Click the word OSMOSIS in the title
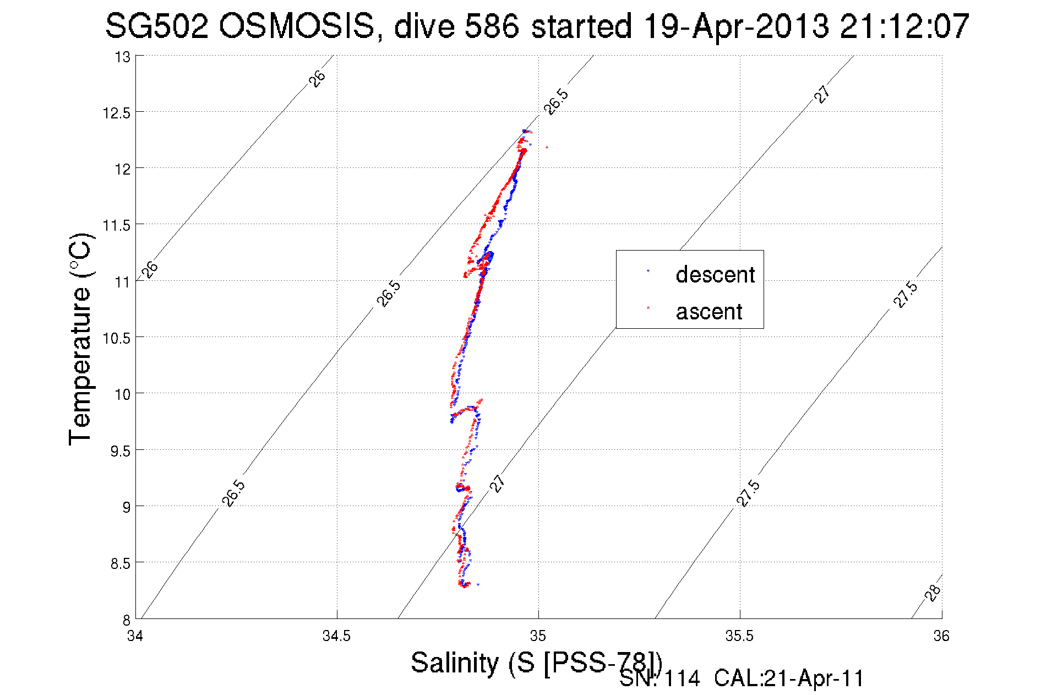pyautogui.click(x=297, y=26)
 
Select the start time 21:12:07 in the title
pyautogui.click(x=904, y=26)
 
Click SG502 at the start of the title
pyautogui.click(x=157, y=26)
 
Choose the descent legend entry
pyautogui.click(x=715, y=274)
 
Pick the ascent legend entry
pyautogui.click(x=709, y=312)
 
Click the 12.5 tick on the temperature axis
pyautogui.click(x=116, y=113)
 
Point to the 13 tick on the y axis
pyautogui.click(x=123, y=57)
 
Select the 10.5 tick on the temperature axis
pyautogui.click(x=116, y=338)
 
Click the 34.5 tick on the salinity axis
pyautogui.click(x=336, y=636)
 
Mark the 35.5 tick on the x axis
pyautogui.click(x=739, y=636)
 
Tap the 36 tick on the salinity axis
pyautogui.click(x=941, y=636)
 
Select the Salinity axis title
pyautogui.click(x=536, y=662)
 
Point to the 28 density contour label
pyautogui.click(x=932, y=593)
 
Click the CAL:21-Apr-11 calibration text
pyautogui.click(x=789, y=679)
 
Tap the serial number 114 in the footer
pyautogui.click(x=682, y=679)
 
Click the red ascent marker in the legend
pyautogui.click(x=648, y=307)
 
